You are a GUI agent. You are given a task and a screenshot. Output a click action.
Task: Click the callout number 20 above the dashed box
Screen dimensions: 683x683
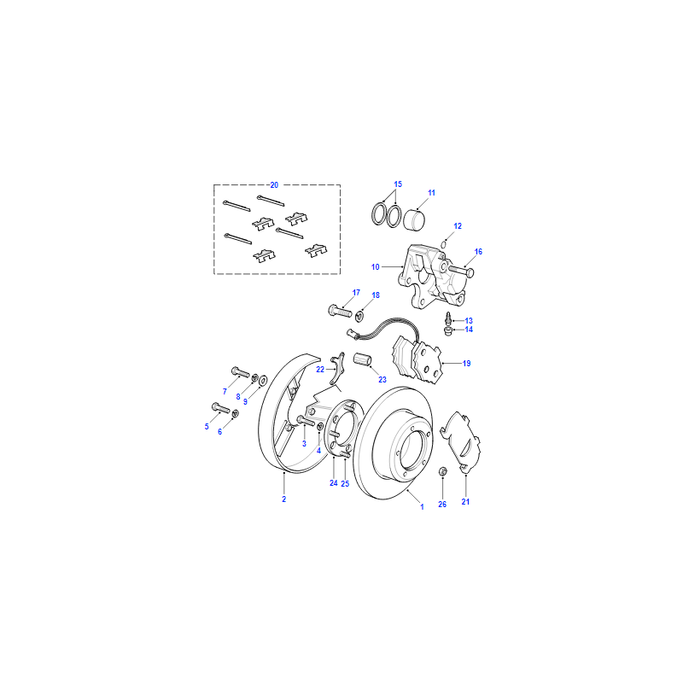tap(274, 185)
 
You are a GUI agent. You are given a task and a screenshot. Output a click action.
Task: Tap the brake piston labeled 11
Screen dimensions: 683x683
tap(414, 220)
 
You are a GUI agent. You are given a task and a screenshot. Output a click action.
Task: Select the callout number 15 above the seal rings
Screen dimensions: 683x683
tap(398, 184)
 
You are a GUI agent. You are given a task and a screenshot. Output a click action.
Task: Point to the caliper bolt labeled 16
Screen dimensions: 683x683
tap(461, 271)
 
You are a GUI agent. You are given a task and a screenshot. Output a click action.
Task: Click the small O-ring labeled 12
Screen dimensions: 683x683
tap(443, 245)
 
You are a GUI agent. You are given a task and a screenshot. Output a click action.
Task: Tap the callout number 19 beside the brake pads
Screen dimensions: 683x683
tap(466, 364)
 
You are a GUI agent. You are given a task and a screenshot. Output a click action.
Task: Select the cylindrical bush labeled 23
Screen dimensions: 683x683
tap(362, 359)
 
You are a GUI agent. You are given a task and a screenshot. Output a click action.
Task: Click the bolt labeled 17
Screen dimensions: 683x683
tap(339, 311)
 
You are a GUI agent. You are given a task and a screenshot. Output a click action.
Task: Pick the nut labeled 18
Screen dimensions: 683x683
tap(359, 315)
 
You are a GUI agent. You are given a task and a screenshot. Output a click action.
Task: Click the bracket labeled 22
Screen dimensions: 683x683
tap(337, 370)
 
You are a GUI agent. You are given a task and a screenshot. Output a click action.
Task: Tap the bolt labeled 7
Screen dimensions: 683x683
tap(240, 372)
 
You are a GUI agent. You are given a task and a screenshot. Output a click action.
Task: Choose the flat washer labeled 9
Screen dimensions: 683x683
tap(263, 381)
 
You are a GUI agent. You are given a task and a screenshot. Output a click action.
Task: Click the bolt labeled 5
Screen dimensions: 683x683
tap(220, 408)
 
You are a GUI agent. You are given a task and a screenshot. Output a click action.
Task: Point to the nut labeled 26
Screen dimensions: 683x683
tap(442, 471)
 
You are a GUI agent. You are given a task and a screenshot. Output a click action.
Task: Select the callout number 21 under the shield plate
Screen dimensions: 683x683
tap(465, 502)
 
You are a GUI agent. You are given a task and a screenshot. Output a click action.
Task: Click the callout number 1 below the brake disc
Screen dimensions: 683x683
tap(422, 507)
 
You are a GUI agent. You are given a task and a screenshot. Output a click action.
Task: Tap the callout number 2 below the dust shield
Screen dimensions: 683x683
tap(284, 499)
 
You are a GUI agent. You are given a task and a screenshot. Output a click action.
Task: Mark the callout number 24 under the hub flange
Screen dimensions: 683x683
tap(334, 483)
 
